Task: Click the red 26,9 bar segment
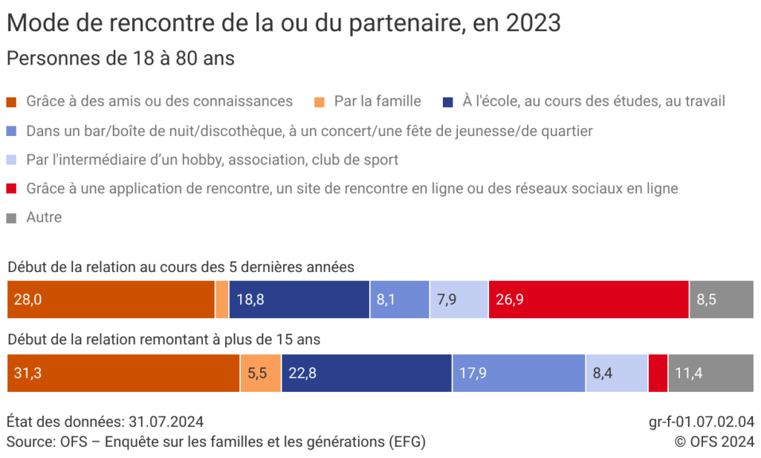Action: [589, 300]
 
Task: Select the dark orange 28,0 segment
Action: [110, 300]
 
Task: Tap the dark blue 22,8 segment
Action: [366, 373]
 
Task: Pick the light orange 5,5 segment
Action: [260, 373]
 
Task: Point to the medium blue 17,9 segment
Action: [519, 373]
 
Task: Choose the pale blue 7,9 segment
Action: [459, 300]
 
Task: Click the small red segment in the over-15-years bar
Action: [658, 373]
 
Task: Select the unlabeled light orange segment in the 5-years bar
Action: [222, 300]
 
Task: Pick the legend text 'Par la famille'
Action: [378, 101]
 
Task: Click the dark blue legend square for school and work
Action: [447, 101]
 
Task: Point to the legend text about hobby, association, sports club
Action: [212, 160]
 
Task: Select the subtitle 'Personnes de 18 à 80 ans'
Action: [120, 59]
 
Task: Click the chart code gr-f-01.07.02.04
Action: [702, 422]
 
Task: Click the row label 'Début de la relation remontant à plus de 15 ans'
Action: [163, 340]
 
